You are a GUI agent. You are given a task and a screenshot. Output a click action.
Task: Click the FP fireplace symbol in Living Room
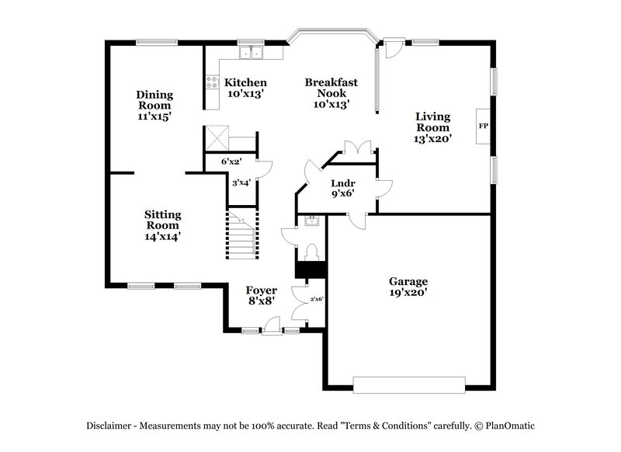(x=483, y=126)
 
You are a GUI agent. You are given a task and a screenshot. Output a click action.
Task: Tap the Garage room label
(x=408, y=281)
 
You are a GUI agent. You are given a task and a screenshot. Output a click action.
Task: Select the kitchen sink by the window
(x=251, y=54)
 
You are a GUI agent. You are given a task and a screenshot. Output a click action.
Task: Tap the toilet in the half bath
(x=311, y=252)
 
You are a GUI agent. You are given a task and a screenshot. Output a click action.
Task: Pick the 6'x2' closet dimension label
(x=231, y=162)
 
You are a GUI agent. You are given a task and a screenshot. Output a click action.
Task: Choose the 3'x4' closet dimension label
(x=241, y=183)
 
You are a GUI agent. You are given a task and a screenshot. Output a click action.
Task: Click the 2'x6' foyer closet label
(x=317, y=299)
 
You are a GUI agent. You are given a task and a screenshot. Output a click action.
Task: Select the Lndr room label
(x=343, y=183)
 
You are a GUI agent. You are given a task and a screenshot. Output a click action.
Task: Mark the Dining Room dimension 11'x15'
(x=154, y=116)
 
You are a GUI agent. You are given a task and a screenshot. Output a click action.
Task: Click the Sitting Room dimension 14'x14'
(x=163, y=235)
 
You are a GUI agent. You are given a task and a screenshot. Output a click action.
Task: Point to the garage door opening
(x=409, y=383)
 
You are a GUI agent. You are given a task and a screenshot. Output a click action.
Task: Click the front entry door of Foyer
(x=270, y=332)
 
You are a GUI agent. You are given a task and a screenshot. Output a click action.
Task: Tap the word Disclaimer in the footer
(x=111, y=425)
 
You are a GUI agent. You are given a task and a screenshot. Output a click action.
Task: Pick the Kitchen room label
(x=246, y=82)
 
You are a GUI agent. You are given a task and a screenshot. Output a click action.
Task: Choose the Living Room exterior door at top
(x=394, y=48)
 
